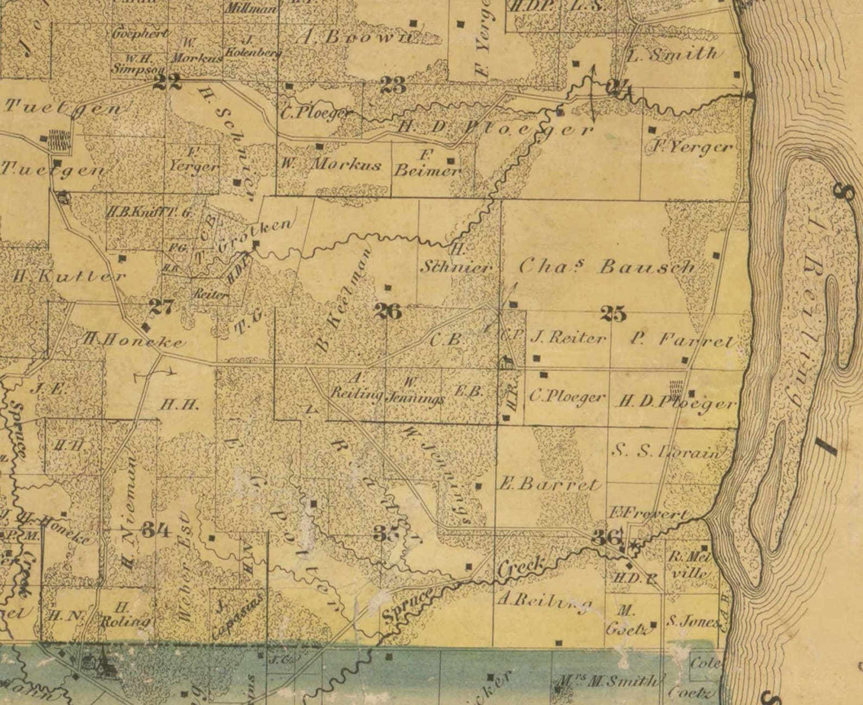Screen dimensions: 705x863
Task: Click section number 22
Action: click(167, 82)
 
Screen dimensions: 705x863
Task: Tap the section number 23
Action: click(392, 85)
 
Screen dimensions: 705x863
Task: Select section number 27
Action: click(161, 307)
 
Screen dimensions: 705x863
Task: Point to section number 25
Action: click(613, 313)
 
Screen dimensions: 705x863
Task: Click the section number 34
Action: click(156, 530)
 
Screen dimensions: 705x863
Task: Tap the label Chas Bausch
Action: click(607, 266)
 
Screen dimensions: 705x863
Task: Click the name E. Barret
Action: click(549, 484)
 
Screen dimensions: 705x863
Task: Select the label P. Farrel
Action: click(683, 340)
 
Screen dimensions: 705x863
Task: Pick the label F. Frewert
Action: click(647, 513)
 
